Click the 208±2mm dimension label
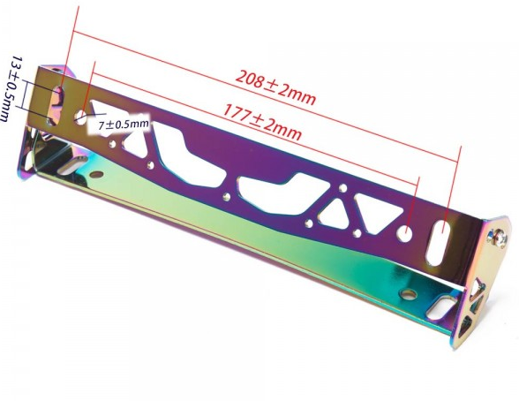[275, 87]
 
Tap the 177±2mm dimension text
[262, 122]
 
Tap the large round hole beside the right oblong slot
[406, 232]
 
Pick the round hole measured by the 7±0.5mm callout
[81, 117]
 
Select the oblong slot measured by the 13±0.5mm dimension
[56, 106]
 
